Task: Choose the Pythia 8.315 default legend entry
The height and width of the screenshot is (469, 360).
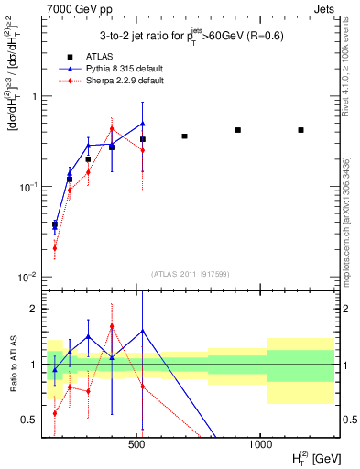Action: [x=110, y=68]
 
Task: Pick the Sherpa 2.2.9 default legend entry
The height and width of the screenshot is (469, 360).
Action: [x=110, y=81]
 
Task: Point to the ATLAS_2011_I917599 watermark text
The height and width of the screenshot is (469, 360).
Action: [x=190, y=274]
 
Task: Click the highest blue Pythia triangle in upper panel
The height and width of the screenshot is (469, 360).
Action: [x=143, y=123]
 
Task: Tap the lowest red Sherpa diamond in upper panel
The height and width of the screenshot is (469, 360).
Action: [x=55, y=247]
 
